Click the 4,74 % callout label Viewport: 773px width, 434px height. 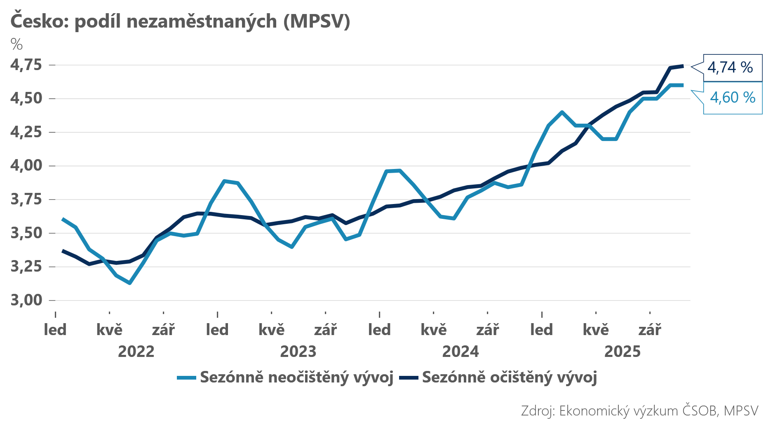(x=730, y=67)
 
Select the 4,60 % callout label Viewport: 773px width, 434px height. (x=733, y=98)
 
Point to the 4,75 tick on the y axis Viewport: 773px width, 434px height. (x=26, y=65)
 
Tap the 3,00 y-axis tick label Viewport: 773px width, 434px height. (x=26, y=300)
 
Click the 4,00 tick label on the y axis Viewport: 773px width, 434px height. (x=26, y=166)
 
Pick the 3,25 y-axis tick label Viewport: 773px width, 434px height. (x=26, y=267)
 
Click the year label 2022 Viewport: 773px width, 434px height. (x=136, y=352)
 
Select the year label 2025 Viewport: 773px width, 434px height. (x=623, y=352)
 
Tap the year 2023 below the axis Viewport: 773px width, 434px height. (x=298, y=352)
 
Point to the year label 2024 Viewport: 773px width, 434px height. (x=461, y=352)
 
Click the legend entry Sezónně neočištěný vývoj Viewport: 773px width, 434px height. (x=296, y=377)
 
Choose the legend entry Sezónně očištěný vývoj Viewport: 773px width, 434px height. (x=509, y=377)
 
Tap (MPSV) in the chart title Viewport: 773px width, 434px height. (x=317, y=21)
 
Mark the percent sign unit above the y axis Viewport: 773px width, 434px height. (x=16, y=44)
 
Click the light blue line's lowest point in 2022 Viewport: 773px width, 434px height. (x=130, y=283)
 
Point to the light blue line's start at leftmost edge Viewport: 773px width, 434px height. (x=63, y=219)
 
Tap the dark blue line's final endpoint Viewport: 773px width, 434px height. (x=683, y=66)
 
